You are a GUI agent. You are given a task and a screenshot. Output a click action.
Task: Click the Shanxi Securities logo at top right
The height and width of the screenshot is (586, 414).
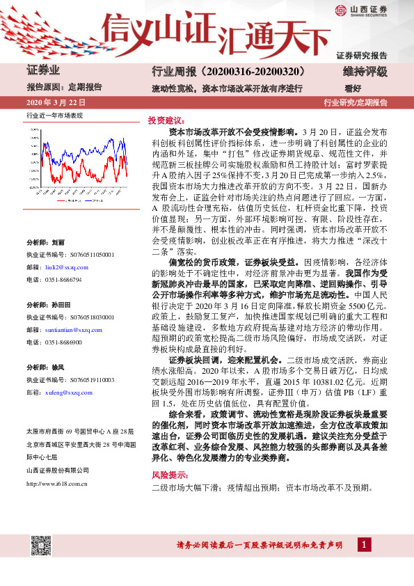click(x=361, y=12)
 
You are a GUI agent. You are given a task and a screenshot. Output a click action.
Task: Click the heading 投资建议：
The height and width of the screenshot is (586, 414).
click(x=164, y=120)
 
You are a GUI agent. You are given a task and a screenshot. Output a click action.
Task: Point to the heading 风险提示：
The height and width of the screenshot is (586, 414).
click(x=168, y=475)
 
